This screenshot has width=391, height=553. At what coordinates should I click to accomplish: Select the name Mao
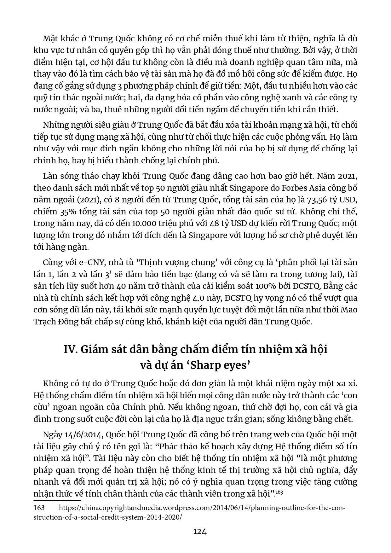click(x=349, y=310)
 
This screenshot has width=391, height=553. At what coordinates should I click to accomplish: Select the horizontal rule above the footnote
click(x=57, y=500)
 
